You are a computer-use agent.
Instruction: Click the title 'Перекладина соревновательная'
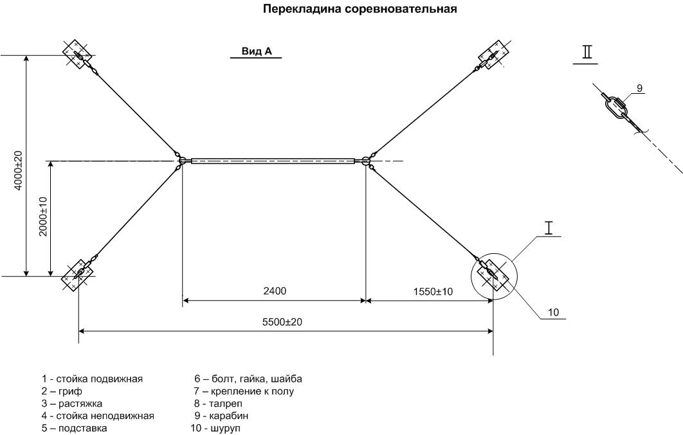(x=360, y=9)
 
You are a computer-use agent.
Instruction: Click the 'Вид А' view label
(x=257, y=51)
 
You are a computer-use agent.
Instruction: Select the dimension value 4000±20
(x=18, y=170)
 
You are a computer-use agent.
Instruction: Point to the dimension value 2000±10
(x=42, y=216)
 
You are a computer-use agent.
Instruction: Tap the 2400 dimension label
(x=275, y=290)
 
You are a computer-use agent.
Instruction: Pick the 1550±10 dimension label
(x=433, y=292)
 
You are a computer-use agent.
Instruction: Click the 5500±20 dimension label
(x=282, y=322)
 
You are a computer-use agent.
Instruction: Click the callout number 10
(x=553, y=312)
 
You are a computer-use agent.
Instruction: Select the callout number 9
(x=639, y=88)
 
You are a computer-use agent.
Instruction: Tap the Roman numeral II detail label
(x=588, y=52)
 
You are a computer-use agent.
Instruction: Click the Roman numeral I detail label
(x=549, y=228)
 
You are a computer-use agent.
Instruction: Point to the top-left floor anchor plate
(x=78, y=55)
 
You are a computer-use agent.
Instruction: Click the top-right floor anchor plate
(x=494, y=55)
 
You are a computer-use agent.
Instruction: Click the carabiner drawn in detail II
(x=615, y=107)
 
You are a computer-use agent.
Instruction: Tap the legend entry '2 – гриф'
(x=62, y=391)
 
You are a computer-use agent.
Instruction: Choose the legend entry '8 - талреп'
(x=218, y=404)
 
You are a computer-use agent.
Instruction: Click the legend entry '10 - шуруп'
(x=215, y=429)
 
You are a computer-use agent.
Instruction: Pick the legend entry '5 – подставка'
(x=74, y=429)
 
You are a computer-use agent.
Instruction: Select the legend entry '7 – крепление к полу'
(x=244, y=391)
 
